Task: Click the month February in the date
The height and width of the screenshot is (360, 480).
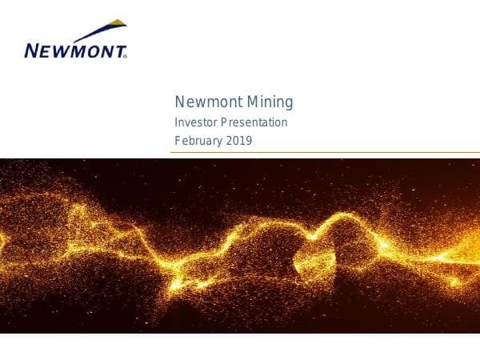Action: click(x=199, y=142)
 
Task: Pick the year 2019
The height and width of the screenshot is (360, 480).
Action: click(x=240, y=142)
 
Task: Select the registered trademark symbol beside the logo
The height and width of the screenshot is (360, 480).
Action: click(x=126, y=57)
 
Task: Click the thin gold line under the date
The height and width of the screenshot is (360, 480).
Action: click(x=320, y=152)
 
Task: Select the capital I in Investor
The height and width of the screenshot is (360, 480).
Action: click(x=177, y=123)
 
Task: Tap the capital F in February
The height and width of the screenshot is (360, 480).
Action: click(x=178, y=142)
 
